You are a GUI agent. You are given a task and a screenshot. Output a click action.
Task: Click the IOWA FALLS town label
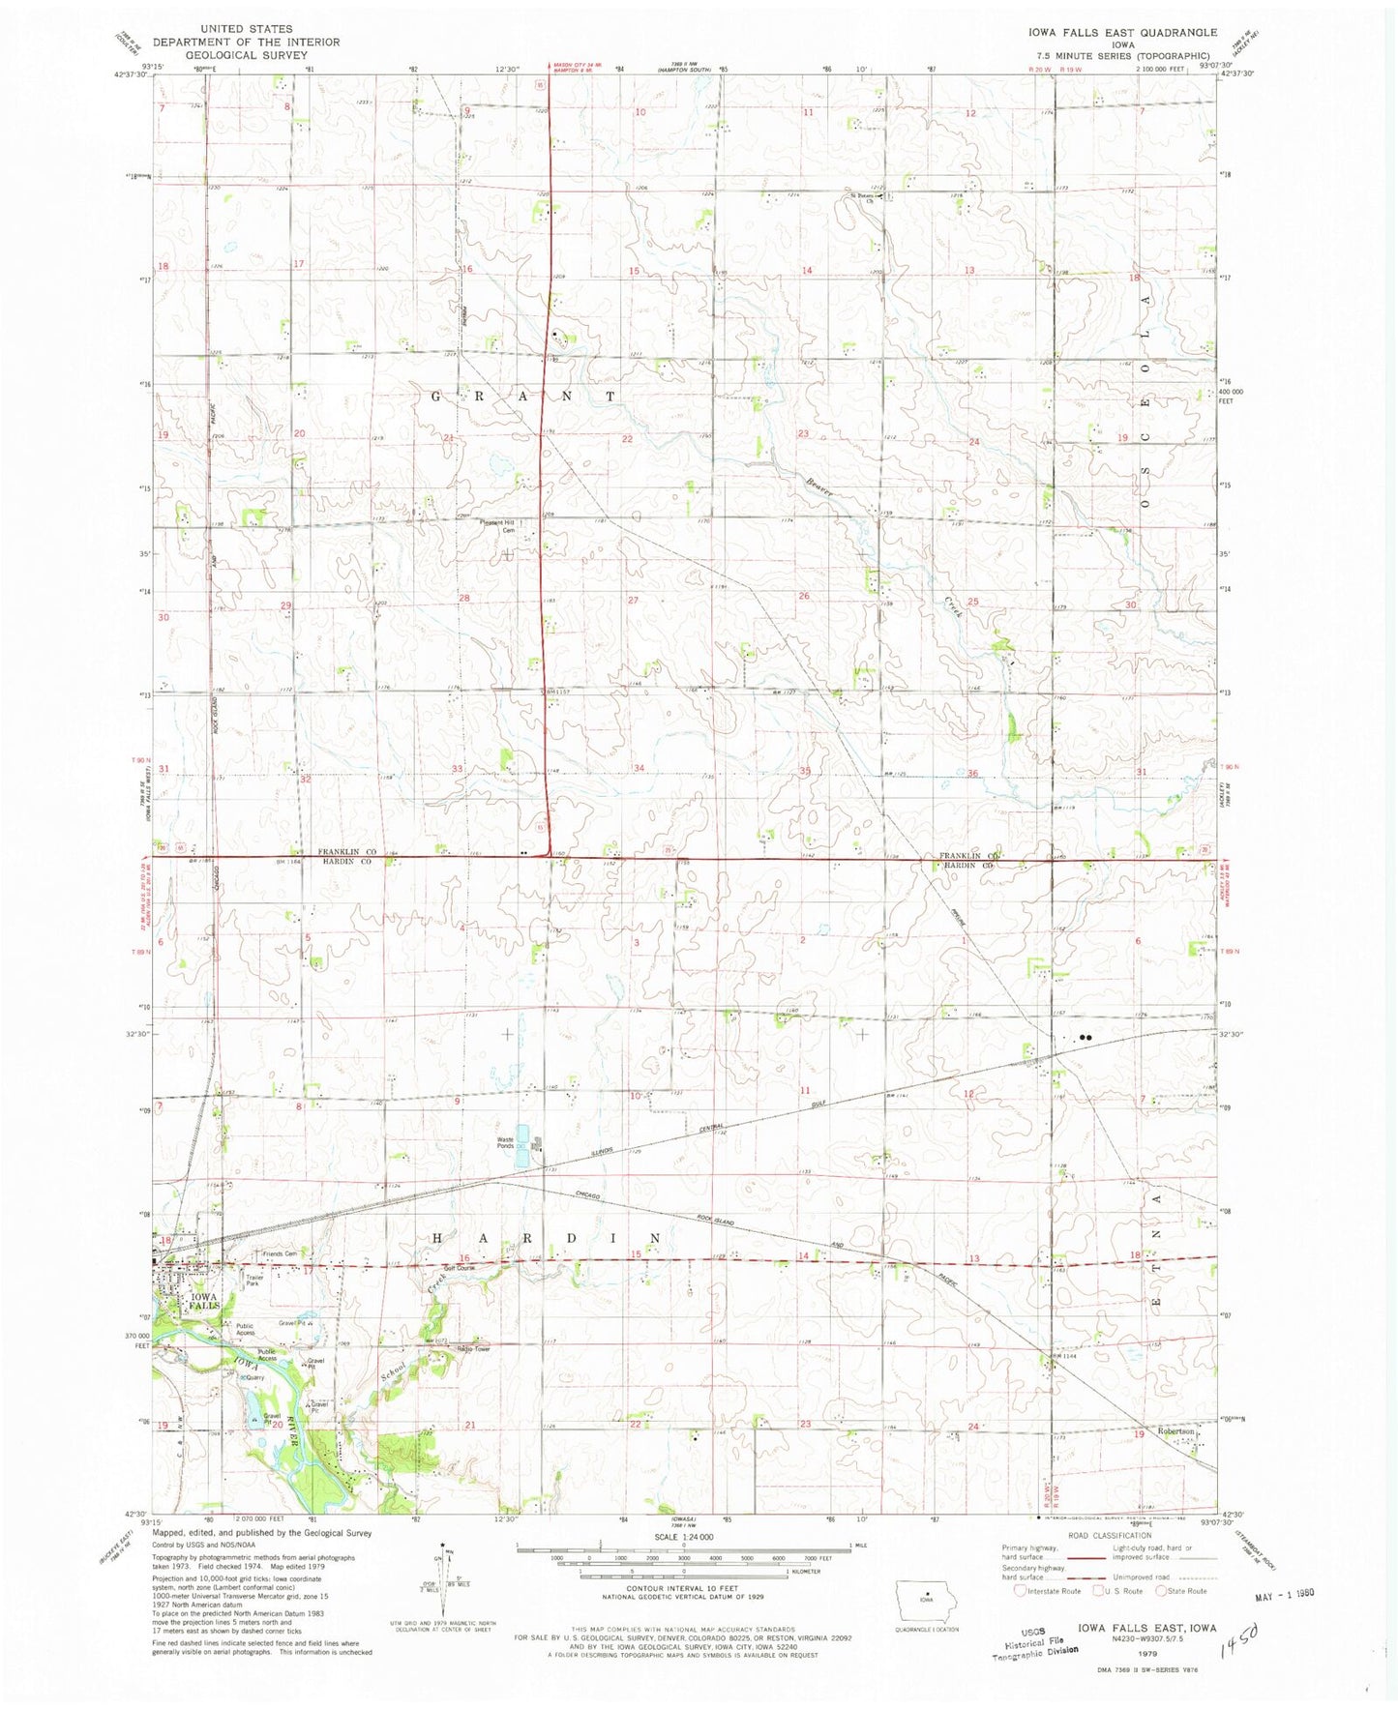pyautogui.click(x=205, y=1300)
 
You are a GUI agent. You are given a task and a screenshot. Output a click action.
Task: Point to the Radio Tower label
pyautogui.click(x=474, y=1349)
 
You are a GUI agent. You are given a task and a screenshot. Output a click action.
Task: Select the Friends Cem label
pyautogui.click(x=281, y=1254)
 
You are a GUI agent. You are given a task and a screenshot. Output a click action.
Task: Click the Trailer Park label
pyautogui.click(x=254, y=1281)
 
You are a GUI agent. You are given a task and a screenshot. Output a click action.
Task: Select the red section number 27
pyautogui.click(x=634, y=601)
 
